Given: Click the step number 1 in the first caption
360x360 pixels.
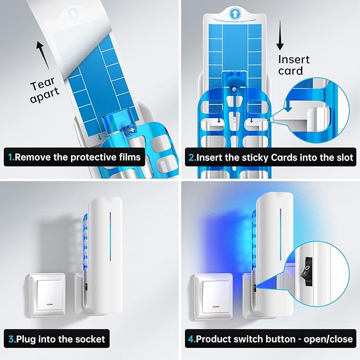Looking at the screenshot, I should click(x=11, y=157).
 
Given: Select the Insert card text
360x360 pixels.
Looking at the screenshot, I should click(x=293, y=65).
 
